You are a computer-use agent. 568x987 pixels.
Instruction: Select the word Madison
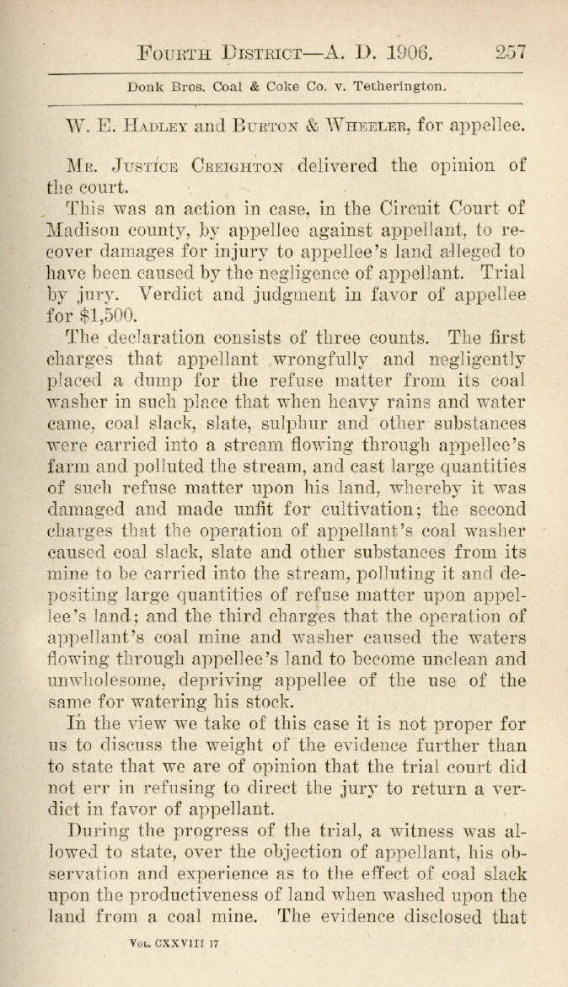80,230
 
